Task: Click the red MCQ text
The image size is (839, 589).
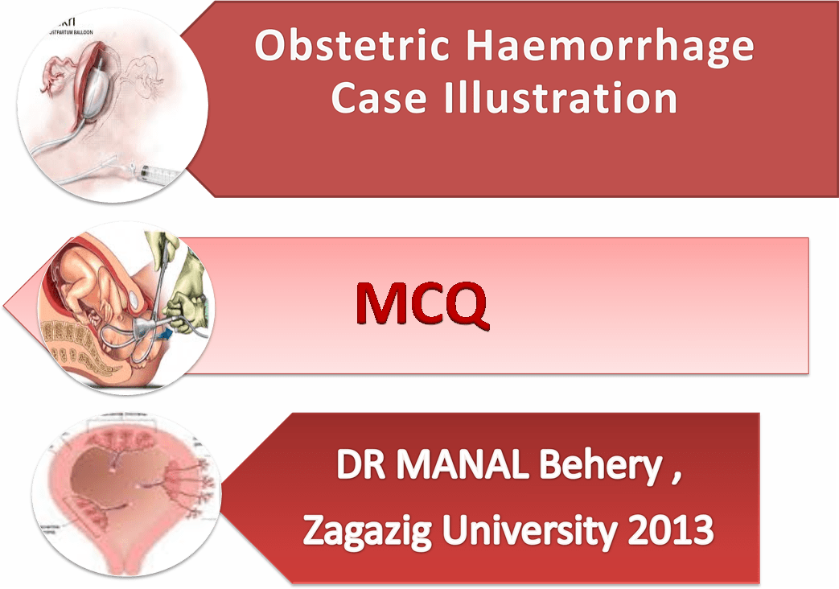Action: [x=422, y=304]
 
